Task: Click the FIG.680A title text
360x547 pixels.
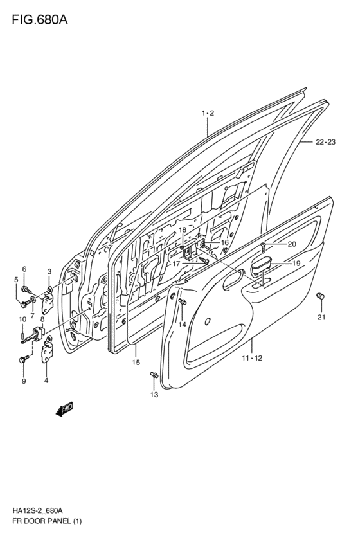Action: click(40, 20)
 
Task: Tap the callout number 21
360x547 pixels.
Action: click(321, 317)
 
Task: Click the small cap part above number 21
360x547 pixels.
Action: click(320, 296)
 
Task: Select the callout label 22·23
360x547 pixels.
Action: click(325, 142)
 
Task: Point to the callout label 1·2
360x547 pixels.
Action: click(208, 113)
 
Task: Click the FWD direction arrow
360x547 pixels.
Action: click(64, 409)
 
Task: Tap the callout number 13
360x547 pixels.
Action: click(154, 395)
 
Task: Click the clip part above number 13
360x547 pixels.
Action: click(154, 375)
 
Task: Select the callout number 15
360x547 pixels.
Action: click(136, 362)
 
